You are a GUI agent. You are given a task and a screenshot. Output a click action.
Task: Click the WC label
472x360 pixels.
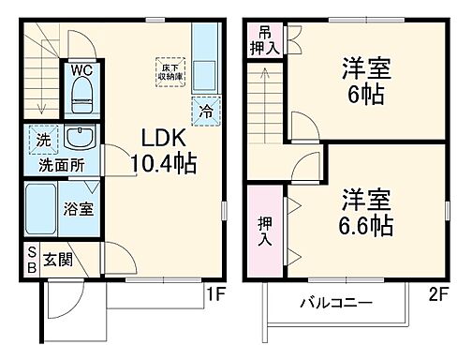coord(80,67)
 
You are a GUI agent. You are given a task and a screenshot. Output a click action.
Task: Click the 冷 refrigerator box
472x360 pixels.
coord(208,112)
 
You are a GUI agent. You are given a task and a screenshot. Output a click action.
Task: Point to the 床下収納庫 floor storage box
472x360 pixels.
coord(169,72)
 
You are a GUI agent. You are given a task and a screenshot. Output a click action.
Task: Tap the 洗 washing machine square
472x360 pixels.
coord(43,140)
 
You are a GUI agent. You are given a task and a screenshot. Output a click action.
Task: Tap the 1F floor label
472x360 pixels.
coord(216,294)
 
